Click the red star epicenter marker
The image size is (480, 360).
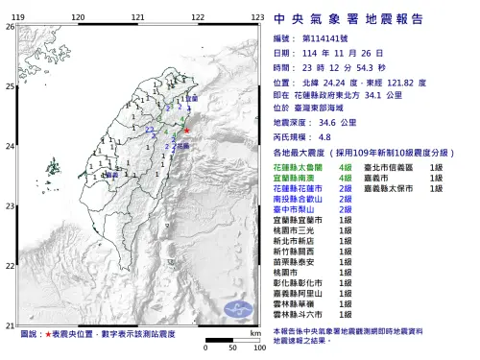click(188, 131)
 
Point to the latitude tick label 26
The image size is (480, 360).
click(10, 26)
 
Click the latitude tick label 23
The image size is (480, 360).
click(10, 206)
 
